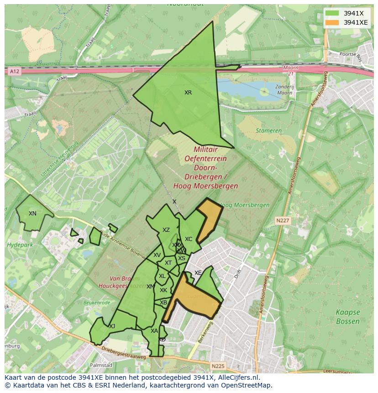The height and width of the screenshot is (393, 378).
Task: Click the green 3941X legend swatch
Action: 332,13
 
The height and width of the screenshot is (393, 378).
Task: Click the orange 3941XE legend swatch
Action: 332,22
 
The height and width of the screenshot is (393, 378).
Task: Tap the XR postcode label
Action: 188,93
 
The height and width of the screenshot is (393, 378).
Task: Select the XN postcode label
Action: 32,214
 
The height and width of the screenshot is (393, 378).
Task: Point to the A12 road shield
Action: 15,71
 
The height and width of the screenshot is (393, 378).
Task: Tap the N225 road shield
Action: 218,366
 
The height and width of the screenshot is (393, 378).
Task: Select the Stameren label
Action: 268,131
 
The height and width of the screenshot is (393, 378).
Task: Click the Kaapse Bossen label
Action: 348,317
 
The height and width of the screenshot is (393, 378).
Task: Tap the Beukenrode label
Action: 97,302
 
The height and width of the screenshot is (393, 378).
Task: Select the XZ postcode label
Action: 166,230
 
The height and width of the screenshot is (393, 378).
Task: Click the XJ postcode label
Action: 112,326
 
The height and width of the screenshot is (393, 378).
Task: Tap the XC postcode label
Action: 189,239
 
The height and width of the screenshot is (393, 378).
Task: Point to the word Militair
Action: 205,149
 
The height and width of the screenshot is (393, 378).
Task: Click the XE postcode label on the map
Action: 198,273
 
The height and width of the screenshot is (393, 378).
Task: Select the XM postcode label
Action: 150,287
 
